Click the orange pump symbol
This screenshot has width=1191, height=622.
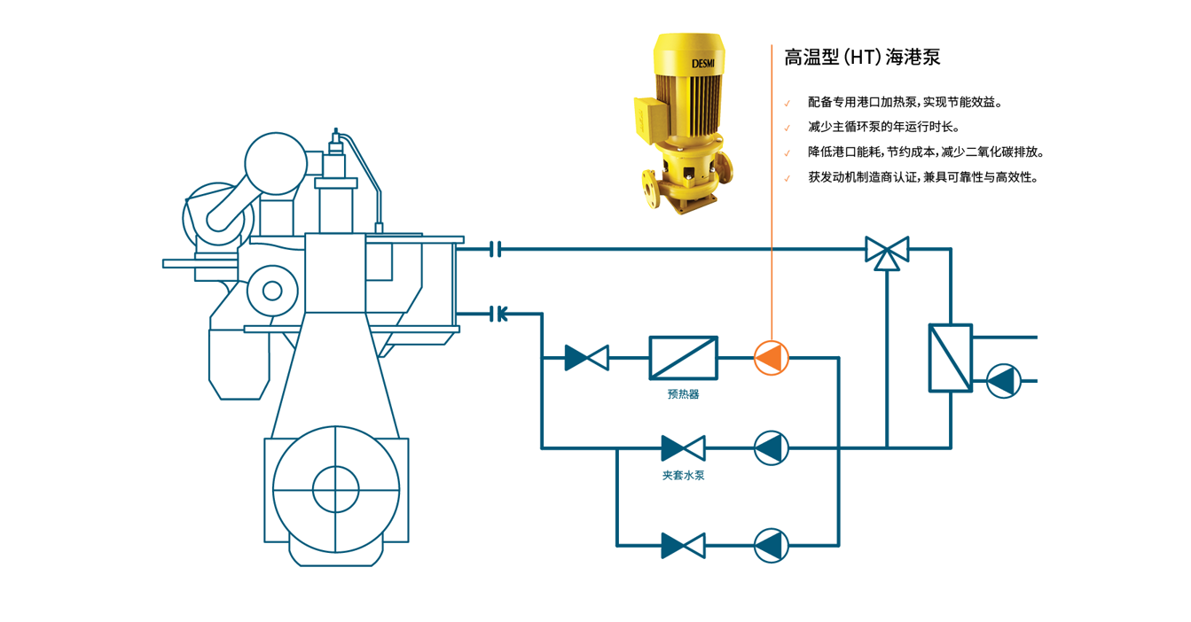771,358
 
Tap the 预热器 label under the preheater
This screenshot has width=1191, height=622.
683,394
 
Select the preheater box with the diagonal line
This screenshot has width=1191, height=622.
683,358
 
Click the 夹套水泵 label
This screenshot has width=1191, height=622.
683,476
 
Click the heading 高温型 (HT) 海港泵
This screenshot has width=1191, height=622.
861,58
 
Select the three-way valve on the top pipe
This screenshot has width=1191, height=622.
887,252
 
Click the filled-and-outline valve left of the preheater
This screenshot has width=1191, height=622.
586,358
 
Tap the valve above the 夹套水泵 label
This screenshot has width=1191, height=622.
683,448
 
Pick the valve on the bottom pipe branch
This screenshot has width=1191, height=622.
683,545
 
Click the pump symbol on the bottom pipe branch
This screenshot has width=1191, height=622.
771,545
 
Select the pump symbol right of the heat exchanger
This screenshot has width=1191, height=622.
1004,381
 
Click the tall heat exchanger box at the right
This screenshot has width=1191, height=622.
950,358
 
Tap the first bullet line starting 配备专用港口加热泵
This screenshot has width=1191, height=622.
905,102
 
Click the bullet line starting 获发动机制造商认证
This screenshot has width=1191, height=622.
922,177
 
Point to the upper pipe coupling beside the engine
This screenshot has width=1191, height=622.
497,250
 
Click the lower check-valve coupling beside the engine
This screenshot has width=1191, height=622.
498,313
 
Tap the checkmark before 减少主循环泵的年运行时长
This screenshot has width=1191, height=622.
787,128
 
